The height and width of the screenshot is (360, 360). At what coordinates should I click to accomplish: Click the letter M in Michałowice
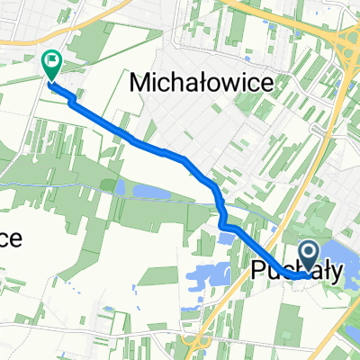[x=141, y=83]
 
